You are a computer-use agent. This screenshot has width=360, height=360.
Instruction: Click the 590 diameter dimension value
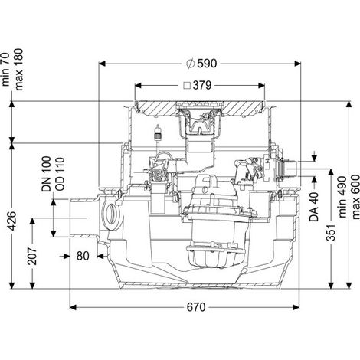tap(207, 64)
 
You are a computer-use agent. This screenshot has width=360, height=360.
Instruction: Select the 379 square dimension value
tap(202, 85)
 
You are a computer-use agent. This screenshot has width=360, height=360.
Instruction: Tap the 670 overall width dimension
tap(196, 307)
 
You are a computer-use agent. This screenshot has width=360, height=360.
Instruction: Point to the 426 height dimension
tap(12, 221)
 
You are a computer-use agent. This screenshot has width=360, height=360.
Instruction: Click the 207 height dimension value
tap(32, 256)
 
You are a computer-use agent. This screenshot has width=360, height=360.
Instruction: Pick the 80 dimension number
tap(83, 256)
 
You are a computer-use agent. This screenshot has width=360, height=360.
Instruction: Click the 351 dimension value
tap(331, 232)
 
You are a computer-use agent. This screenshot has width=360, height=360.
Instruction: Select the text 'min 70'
tap(5, 69)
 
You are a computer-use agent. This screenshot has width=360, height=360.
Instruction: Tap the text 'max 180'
tap(19, 69)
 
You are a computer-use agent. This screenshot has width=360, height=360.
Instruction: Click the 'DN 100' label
tap(47, 174)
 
